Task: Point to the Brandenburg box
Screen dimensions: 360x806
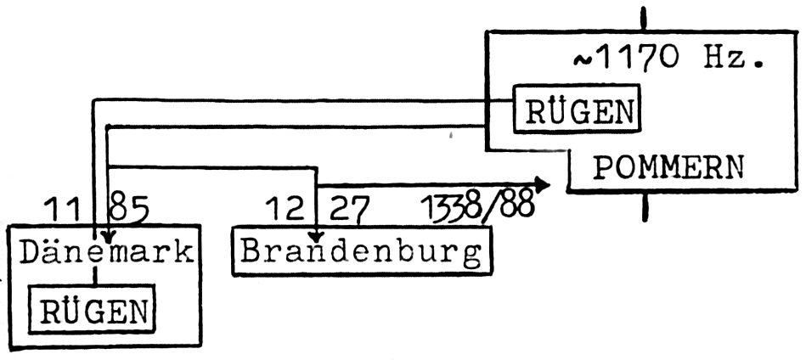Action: point(362,250)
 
